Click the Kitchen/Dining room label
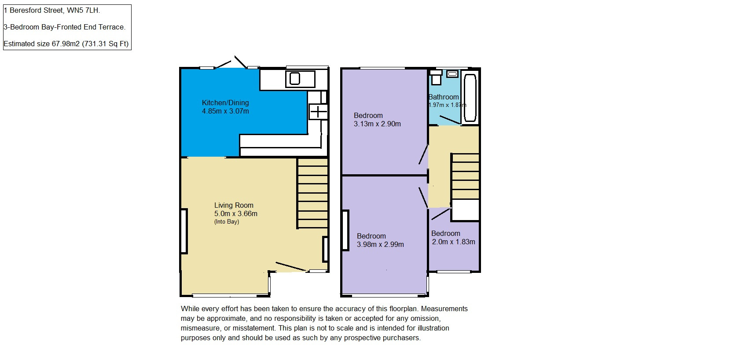(225, 103)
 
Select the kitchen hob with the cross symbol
(318, 112)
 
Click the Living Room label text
(234, 205)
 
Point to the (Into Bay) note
(227, 222)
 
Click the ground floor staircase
(312, 194)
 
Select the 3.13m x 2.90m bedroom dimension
(377, 124)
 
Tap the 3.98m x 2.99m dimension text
(380, 244)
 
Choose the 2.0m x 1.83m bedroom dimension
(453, 242)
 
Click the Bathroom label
(444, 97)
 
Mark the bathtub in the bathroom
(470, 98)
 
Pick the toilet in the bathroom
(436, 77)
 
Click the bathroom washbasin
(452, 74)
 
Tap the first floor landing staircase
(465, 176)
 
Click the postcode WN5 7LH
(83, 11)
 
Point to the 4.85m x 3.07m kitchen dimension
(225, 111)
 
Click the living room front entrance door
(291, 267)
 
